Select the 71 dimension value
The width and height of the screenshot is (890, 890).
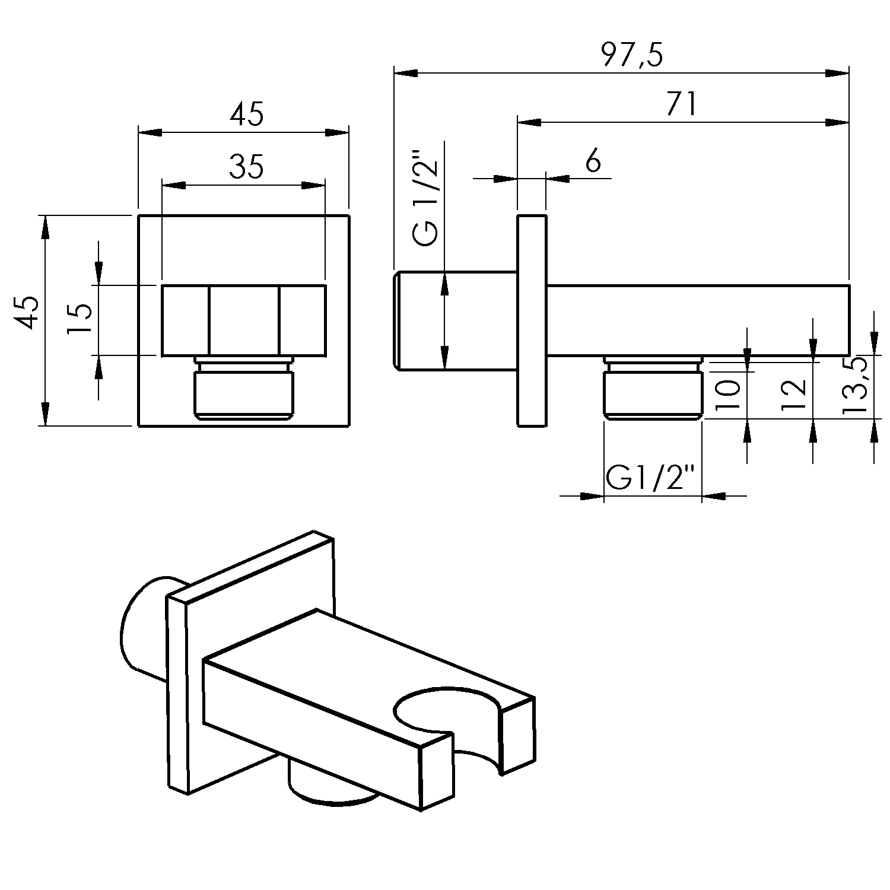[x=681, y=105]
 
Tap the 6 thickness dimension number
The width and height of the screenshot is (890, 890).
[x=593, y=161]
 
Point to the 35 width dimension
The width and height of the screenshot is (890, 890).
[x=246, y=167]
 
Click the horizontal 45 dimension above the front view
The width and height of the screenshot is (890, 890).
[x=246, y=115]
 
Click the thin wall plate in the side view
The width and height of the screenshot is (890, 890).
[x=532, y=320]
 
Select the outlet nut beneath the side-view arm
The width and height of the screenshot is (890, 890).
[x=653, y=389]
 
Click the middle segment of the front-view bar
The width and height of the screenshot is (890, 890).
[x=243, y=321]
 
